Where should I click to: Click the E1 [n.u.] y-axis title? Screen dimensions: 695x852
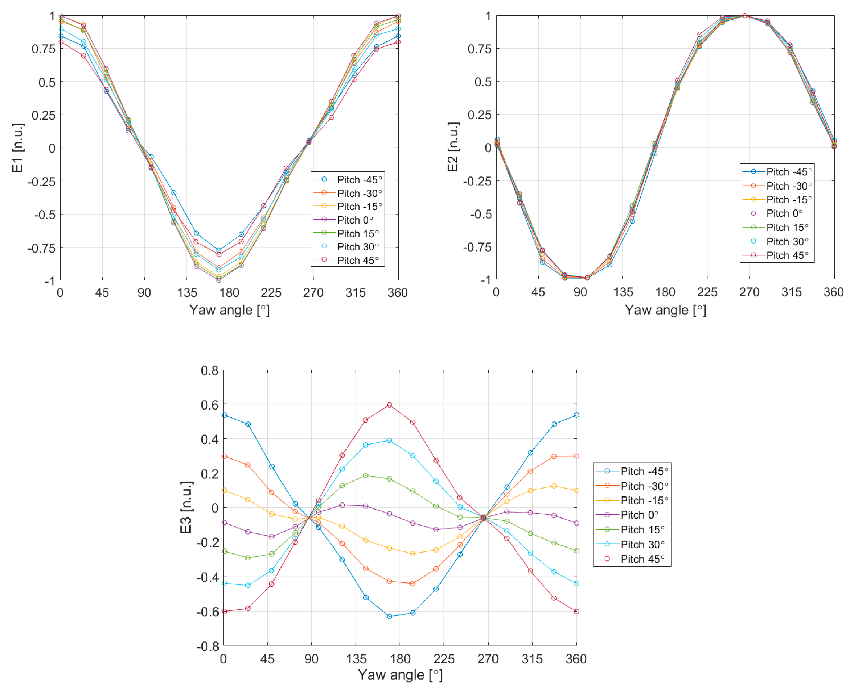pyautogui.click(x=18, y=148)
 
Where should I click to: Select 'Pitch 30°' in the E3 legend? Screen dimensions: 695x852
pyautogui.click(x=642, y=545)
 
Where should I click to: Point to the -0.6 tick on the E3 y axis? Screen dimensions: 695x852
pyautogui.click(x=207, y=612)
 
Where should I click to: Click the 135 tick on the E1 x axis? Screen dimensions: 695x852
pyautogui.click(x=187, y=293)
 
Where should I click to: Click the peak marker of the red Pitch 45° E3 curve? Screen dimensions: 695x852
pyautogui.click(x=389, y=405)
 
